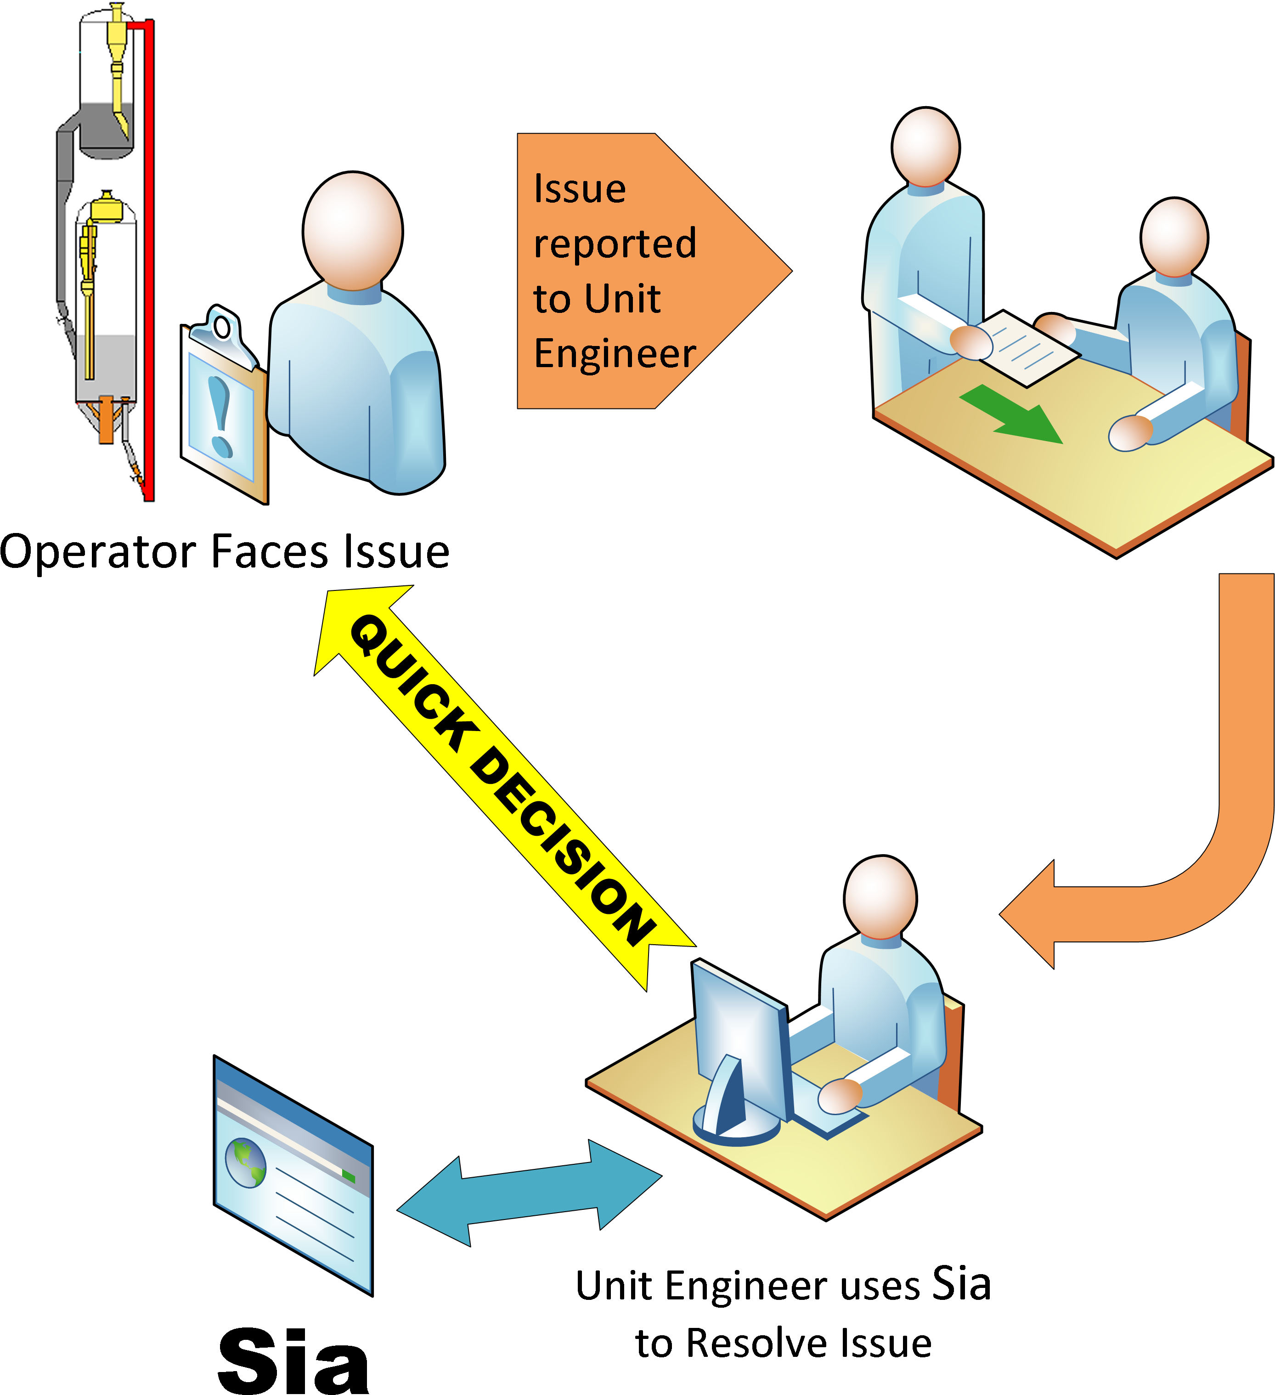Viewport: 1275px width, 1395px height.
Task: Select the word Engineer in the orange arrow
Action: point(615,354)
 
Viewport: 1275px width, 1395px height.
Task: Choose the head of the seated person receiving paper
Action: point(1174,237)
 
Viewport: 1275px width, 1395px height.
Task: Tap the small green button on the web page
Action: point(349,1176)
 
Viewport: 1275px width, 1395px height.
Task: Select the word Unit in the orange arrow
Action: point(626,299)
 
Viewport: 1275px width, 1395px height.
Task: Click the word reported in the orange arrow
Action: point(615,244)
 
